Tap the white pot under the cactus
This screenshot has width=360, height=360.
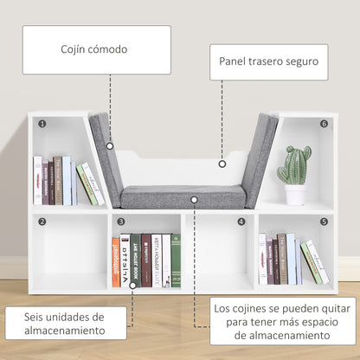pyautogui.click(x=295, y=195)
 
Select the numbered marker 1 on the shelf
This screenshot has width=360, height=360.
pyautogui.click(x=42, y=125)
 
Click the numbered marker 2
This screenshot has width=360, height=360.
pyautogui.click(x=42, y=222)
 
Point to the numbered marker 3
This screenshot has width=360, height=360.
pyautogui.click(x=122, y=222)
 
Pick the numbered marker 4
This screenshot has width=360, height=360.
pyautogui.click(x=241, y=222)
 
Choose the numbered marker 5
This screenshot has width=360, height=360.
pyautogui.click(x=324, y=222)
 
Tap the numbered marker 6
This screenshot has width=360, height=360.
pyautogui.click(x=324, y=125)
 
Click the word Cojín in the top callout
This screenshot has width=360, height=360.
pyautogui.click(x=64, y=48)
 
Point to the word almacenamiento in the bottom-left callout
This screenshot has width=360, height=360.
pyautogui.click(x=66, y=331)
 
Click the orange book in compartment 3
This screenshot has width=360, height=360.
pyautogui.click(x=116, y=262)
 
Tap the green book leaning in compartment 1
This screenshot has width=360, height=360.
pyautogui.click(x=87, y=184)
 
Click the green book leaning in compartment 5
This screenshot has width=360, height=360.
pyautogui.click(x=311, y=262)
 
